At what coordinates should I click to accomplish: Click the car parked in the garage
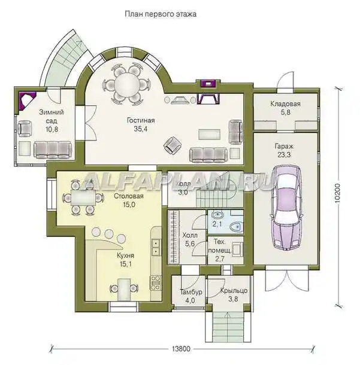point(286,208)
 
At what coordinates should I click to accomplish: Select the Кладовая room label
point(285,104)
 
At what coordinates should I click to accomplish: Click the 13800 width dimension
point(181,349)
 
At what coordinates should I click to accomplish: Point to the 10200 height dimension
point(337,193)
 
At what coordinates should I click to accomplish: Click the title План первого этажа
point(161,14)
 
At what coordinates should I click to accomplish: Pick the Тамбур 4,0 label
point(190,296)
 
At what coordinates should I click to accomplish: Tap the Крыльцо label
point(234,291)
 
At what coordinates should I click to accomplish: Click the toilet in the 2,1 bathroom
point(236,227)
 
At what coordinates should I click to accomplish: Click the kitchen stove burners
point(155,282)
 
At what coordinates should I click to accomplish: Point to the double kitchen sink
point(155,247)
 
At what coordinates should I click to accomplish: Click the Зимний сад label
point(52,117)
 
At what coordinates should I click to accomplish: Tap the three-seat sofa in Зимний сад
point(53,150)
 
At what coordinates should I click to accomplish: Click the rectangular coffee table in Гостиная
point(209,134)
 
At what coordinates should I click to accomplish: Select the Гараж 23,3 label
point(284,150)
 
